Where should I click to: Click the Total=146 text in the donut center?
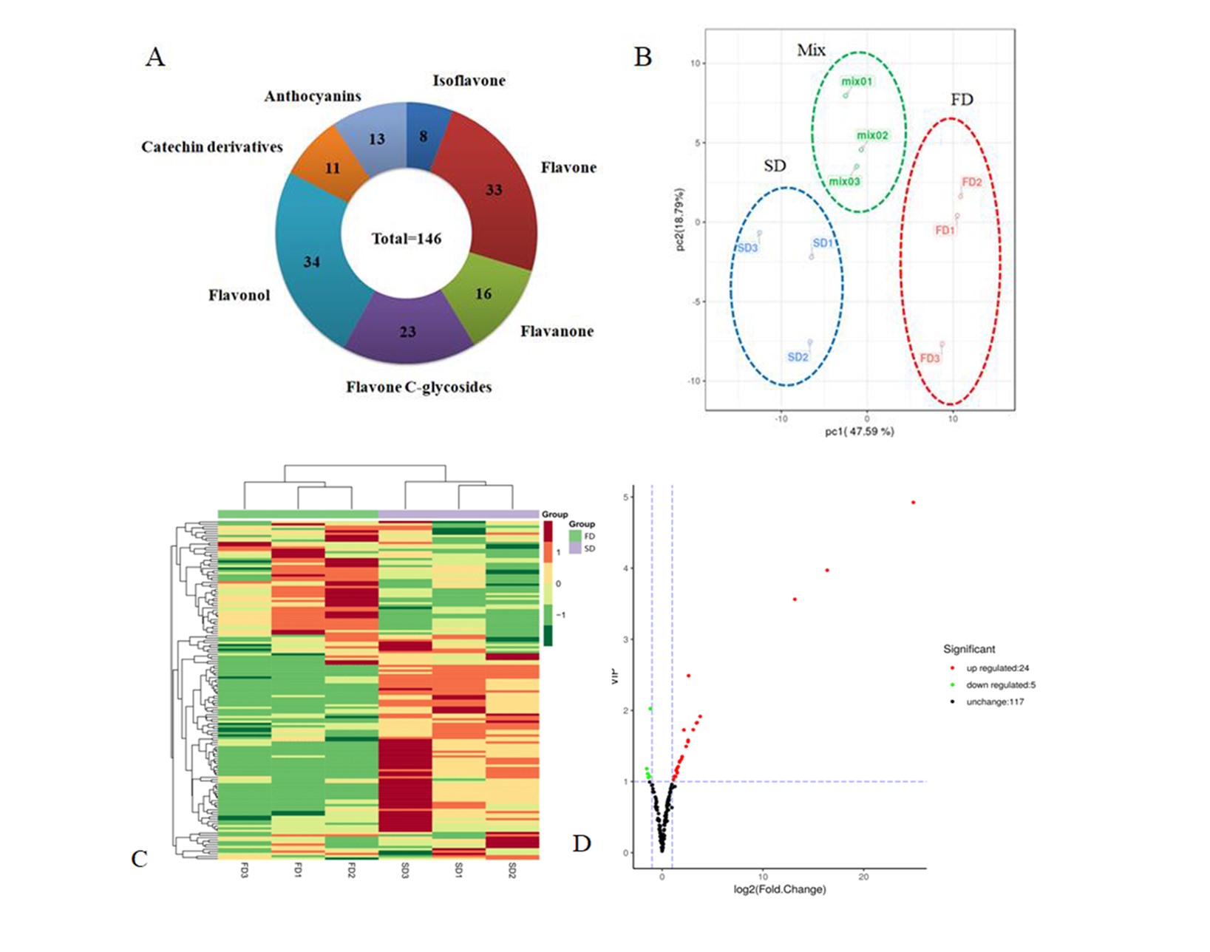pos(406,239)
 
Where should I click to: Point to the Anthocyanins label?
pos(313,96)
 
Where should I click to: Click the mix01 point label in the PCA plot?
pos(857,82)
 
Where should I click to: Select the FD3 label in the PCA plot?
pos(930,358)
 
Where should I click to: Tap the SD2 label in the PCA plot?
pos(798,357)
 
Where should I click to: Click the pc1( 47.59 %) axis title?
pos(860,432)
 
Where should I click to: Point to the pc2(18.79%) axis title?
pos(680,220)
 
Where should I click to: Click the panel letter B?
pos(643,57)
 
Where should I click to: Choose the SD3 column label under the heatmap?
pos(404,871)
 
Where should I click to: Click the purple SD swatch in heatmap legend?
pos(575,549)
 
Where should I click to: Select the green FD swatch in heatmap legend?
pos(575,536)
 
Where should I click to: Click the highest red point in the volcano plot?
pos(914,503)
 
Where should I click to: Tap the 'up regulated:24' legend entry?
pos(996,668)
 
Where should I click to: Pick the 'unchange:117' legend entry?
pos(994,701)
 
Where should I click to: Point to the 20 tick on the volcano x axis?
pos(863,877)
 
